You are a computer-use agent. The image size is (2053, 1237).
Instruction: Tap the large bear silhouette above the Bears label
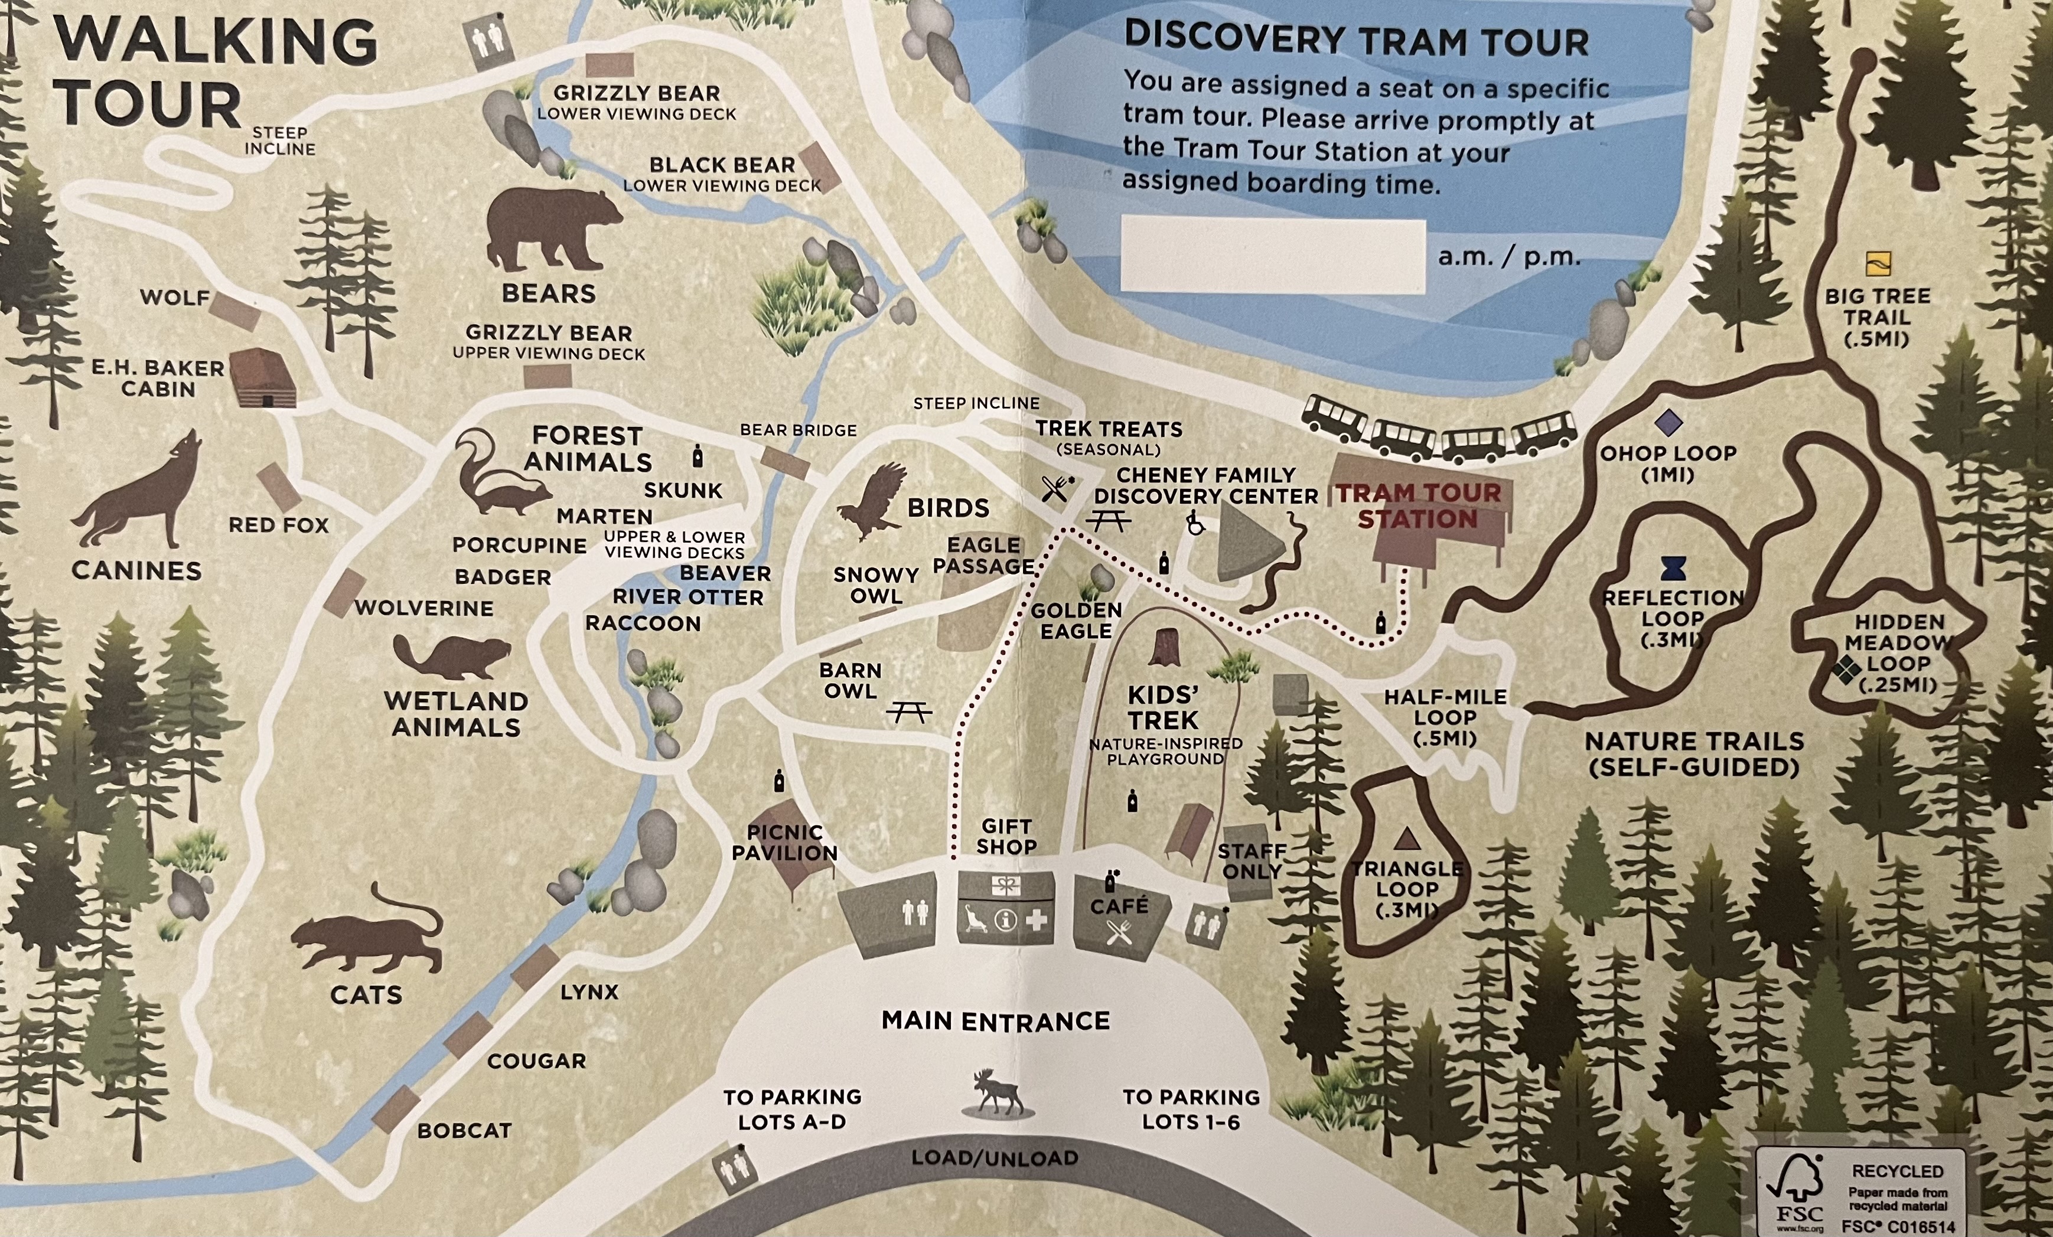click(552, 229)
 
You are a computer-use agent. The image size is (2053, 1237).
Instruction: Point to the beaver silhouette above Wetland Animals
click(451, 657)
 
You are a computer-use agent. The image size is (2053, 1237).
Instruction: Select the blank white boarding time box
click(1272, 256)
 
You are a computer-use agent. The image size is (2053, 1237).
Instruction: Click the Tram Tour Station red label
click(1418, 505)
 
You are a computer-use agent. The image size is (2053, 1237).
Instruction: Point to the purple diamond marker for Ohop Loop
click(1667, 422)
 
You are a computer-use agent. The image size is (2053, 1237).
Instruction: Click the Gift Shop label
click(1006, 836)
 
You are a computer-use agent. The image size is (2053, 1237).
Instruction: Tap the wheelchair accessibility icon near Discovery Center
click(1195, 524)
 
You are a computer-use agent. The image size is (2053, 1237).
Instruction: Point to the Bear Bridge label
click(798, 430)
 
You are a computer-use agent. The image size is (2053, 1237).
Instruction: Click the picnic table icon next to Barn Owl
click(909, 712)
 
